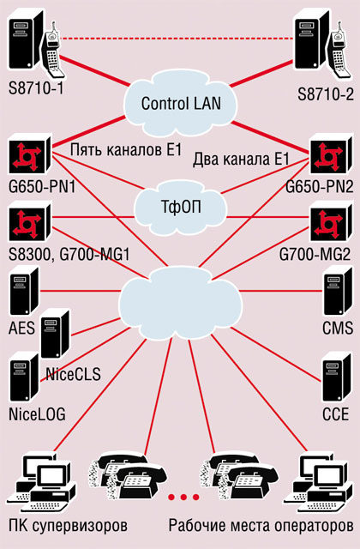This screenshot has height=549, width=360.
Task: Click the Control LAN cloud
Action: [181, 104]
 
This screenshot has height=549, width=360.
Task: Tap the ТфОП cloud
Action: [181, 207]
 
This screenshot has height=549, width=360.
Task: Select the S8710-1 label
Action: [36, 87]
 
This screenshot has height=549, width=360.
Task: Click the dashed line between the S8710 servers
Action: [177, 38]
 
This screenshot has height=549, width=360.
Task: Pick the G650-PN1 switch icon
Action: [31, 154]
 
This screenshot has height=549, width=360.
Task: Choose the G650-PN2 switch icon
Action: [330, 154]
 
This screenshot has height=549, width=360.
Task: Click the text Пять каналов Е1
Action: [126, 150]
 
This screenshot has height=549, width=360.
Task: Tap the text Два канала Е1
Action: [241, 160]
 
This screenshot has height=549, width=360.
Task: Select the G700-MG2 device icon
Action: [330, 221]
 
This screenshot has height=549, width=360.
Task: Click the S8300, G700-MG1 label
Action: [69, 255]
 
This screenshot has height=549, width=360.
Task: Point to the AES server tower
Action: [24, 292]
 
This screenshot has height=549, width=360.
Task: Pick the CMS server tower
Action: [338, 292]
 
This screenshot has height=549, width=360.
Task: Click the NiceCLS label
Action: [73, 374]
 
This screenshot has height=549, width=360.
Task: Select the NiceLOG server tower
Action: [24, 377]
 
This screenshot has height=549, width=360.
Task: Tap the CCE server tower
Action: [336, 377]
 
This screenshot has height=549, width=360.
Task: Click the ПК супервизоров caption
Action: [68, 526]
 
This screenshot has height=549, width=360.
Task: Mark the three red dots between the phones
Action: [183, 498]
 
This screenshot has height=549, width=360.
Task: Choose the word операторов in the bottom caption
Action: [314, 526]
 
